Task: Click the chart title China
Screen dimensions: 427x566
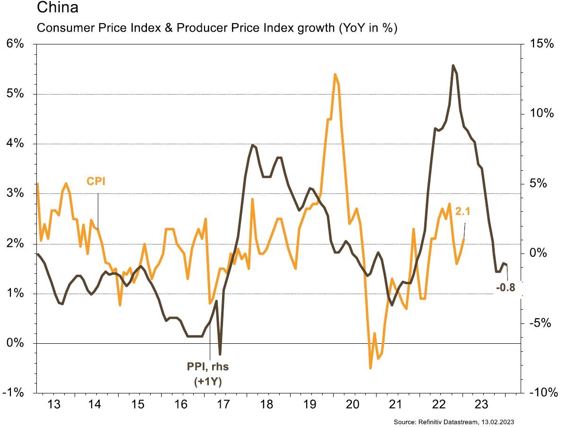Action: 54,8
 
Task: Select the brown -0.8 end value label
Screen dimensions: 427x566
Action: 505,287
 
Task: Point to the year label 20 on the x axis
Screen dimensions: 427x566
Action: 352,405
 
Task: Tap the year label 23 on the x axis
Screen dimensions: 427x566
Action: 481,405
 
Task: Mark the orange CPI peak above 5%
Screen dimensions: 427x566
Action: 335,74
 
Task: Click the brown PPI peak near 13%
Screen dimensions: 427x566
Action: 453,65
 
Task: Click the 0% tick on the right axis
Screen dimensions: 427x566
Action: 541,253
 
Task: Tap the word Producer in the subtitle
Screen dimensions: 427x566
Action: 182,28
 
